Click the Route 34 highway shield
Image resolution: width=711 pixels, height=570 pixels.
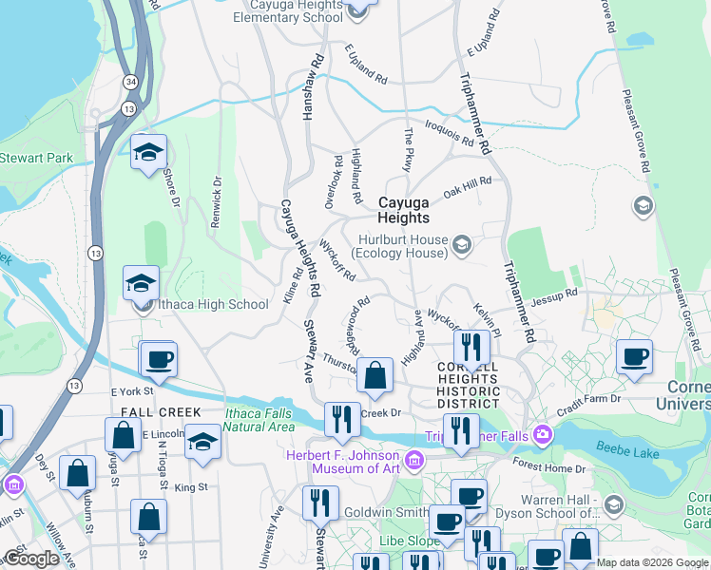[130, 83]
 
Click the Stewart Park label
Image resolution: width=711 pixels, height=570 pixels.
[35, 157]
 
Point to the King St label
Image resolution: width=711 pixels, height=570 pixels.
[191, 487]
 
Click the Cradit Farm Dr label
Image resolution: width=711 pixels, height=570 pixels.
[589, 402]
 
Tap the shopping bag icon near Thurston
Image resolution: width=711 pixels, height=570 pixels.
[376, 375]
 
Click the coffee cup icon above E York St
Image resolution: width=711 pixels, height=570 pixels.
[160, 360]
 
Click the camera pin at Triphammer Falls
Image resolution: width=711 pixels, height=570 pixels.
[543, 435]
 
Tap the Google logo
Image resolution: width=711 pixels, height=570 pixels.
[32, 559]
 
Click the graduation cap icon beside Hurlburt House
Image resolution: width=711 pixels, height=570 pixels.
[462, 246]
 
